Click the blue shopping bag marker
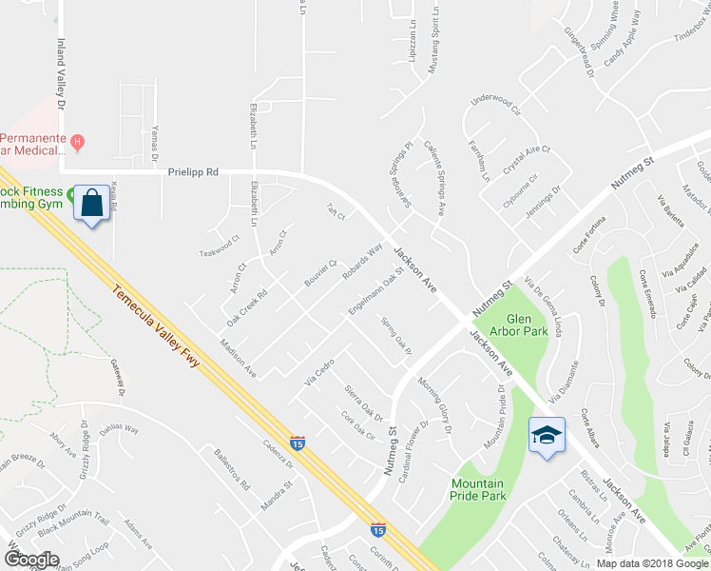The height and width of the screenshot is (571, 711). [x=92, y=204]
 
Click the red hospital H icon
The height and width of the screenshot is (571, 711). [x=78, y=143]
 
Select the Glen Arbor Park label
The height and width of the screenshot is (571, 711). [x=527, y=325]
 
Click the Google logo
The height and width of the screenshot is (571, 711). [x=30, y=560]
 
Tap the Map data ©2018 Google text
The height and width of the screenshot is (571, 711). [x=652, y=563]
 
